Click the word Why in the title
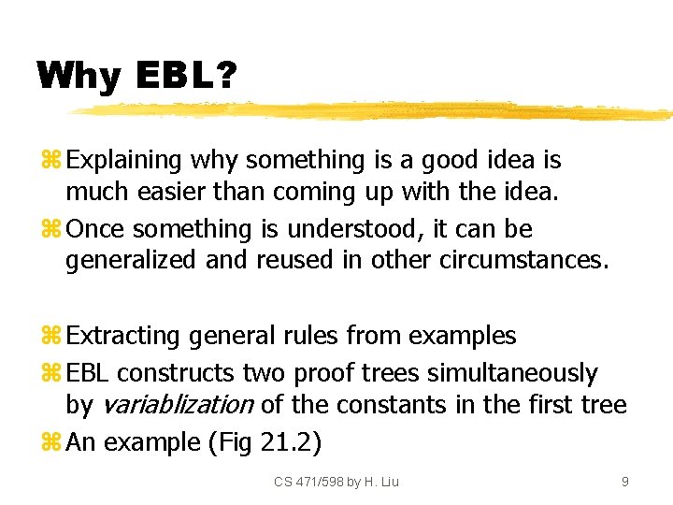(79, 76)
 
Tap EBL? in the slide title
(184, 76)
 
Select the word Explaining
(124, 160)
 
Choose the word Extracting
(124, 335)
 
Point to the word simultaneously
(511, 373)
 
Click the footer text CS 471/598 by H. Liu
(336, 482)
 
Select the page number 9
(624, 482)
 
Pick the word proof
(322, 373)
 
